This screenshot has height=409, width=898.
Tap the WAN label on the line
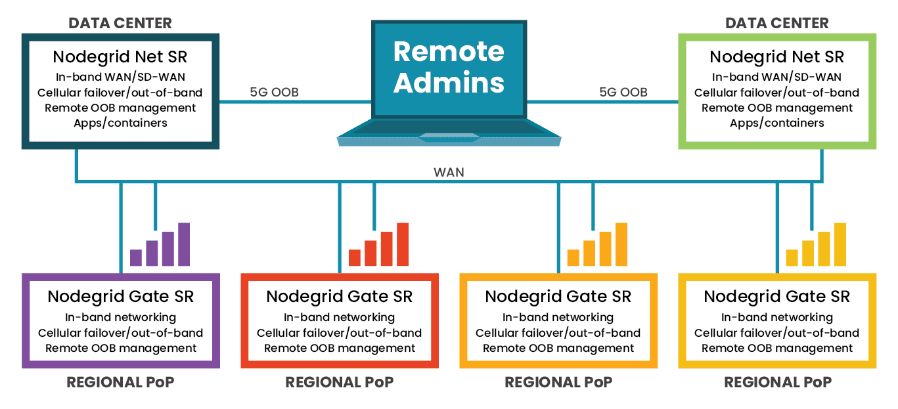pos(449,172)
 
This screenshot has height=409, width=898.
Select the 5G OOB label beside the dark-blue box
pos(274,92)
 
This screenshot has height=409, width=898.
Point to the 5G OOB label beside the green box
pos(623,92)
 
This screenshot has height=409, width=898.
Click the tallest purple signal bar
pos(184,244)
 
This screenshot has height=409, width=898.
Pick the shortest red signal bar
pos(355,257)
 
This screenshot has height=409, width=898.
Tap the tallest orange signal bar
pos(621,244)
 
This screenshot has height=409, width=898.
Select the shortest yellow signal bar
pos(792,257)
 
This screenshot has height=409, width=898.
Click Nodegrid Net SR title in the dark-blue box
pos(120,56)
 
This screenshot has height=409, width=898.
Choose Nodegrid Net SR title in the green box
pos(776,56)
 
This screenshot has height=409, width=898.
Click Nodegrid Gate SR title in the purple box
pos(120,296)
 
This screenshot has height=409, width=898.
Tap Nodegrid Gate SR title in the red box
pos(339,296)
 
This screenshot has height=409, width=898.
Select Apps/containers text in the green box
pos(776,123)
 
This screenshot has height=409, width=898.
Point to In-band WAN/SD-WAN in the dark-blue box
pos(120,77)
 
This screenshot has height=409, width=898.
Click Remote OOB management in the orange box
pos(558,348)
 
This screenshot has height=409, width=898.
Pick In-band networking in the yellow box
pos(776,317)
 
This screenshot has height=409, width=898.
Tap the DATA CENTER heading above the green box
pos(776,23)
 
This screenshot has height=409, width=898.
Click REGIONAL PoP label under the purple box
pos(120,382)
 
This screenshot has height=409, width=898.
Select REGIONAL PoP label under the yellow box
pos(778,382)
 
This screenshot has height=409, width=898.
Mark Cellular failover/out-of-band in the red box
pos(339,333)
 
